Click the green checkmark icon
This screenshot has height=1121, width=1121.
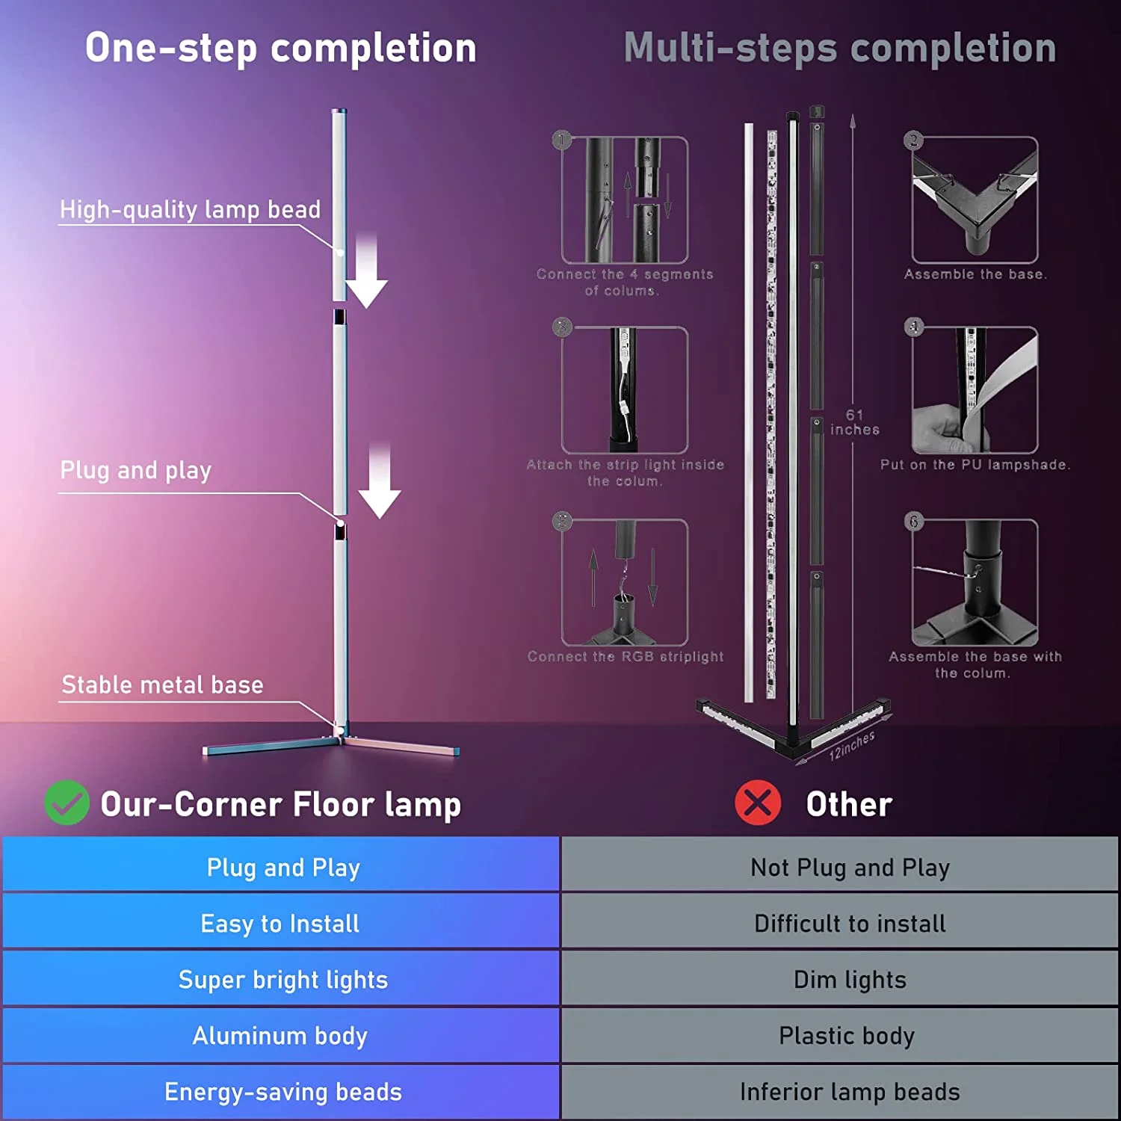tap(67, 803)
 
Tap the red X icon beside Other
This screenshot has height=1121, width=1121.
tap(757, 803)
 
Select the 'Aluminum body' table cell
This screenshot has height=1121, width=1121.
tap(280, 1036)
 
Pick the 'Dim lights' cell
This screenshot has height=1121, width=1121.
tap(849, 979)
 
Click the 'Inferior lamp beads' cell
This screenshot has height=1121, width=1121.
tap(849, 1092)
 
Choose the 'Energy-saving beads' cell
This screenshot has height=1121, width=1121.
tap(282, 1092)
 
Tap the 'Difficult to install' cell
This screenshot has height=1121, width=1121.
tap(849, 923)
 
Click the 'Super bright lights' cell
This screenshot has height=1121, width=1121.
tap(282, 979)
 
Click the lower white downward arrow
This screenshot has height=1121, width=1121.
tap(380, 482)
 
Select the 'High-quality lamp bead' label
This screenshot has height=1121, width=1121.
tap(190, 209)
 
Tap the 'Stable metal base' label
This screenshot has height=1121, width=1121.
tap(162, 685)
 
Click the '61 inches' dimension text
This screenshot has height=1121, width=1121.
tap(854, 422)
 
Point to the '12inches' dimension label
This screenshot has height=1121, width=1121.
tap(851, 746)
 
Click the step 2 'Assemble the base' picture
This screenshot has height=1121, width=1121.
tap(975, 200)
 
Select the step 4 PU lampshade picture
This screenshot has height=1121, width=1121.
tap(975, 389)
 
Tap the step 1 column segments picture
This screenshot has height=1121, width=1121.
tap(625, 200)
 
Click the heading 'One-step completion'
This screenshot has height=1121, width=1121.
tap(280, 48)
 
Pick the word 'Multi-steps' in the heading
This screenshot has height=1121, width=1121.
tap(731, 48)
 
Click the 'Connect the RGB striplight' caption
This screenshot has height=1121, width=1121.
tap(626, 656)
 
